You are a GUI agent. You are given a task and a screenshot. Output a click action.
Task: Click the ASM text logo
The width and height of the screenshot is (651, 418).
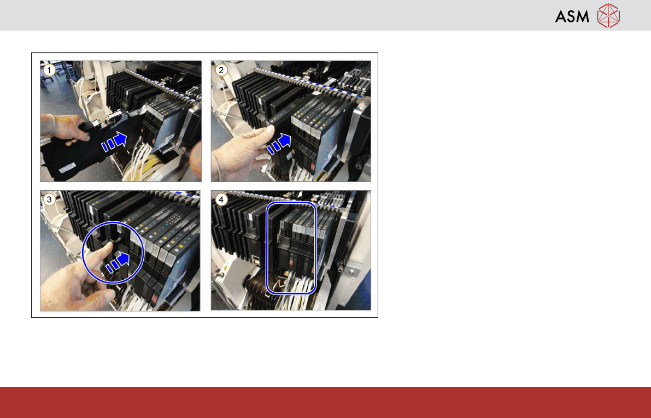[x=572, y=16]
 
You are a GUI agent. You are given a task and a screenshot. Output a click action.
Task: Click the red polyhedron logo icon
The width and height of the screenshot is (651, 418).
[x=608, y=16]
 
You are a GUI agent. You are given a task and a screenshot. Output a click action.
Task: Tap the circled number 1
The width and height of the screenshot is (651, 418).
[x=49, y=70]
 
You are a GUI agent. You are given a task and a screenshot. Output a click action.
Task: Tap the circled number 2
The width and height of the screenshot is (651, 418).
[x=221, y=70]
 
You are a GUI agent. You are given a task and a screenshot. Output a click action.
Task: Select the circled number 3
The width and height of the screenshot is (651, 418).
[x=49, y=199]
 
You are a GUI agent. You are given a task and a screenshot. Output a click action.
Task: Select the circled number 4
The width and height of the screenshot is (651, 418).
[x=221, y=199]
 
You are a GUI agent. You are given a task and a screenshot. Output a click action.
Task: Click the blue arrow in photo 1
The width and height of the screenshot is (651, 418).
[x=114, y=142]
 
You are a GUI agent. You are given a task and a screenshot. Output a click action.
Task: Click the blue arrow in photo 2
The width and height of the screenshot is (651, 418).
[x=279, y=144]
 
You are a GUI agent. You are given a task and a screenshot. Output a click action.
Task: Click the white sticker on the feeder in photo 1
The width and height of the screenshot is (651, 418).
[x=67, y=168]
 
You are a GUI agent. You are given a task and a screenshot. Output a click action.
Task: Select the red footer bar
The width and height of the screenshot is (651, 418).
[x=326, y=402]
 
